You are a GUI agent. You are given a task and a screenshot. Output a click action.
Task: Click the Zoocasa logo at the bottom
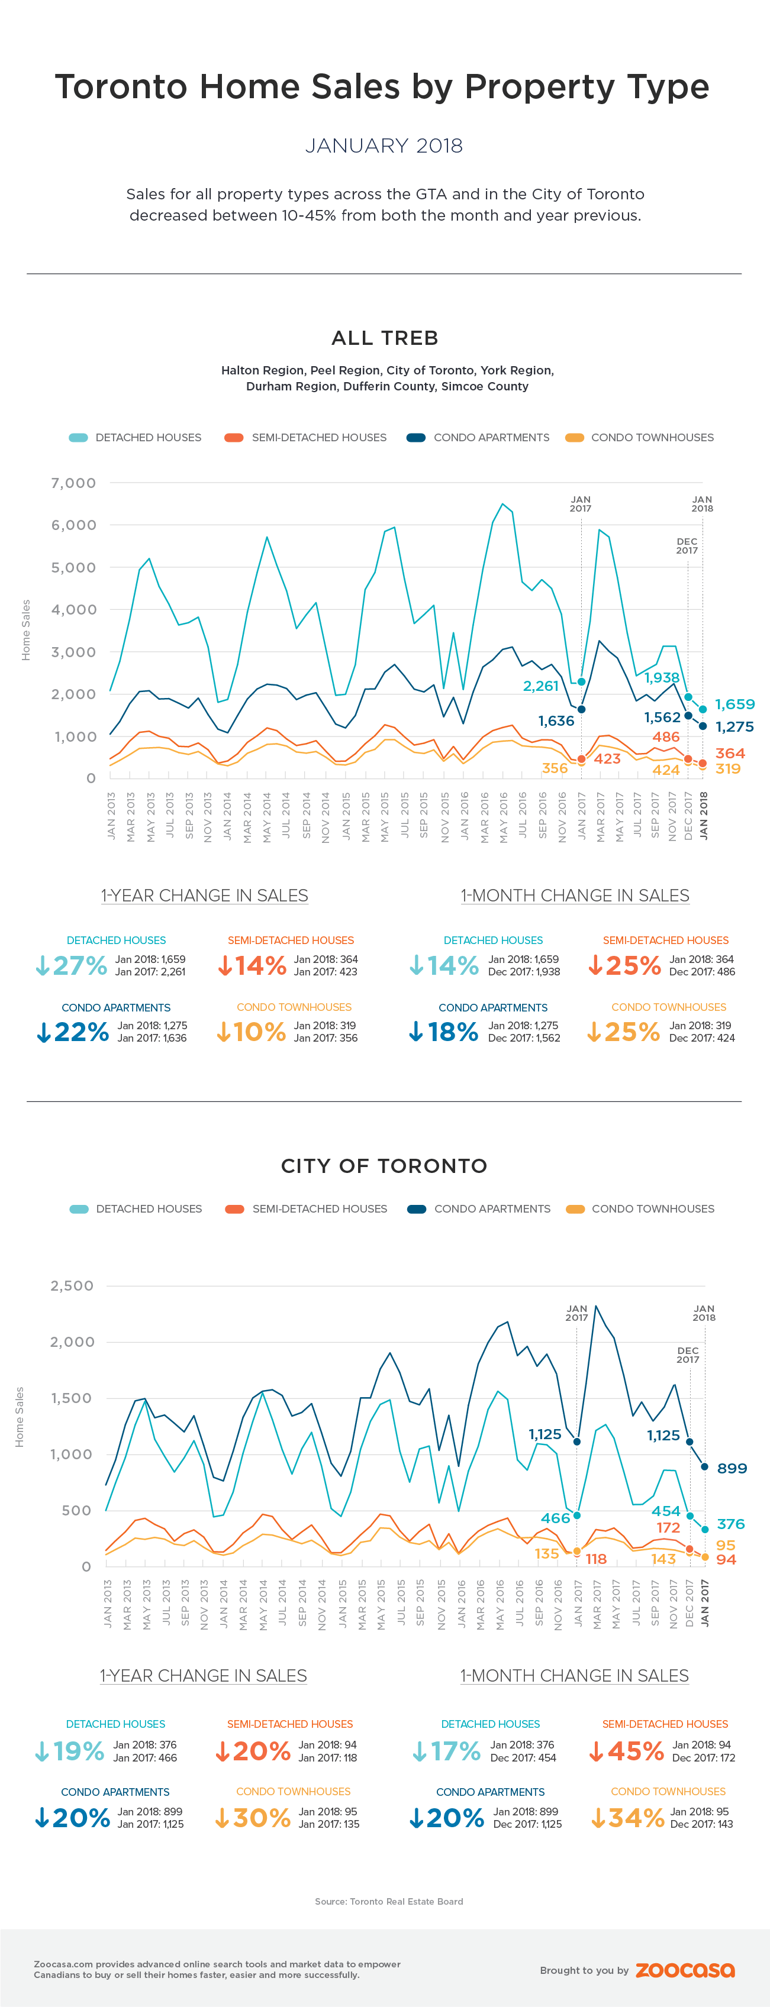(684, 1970)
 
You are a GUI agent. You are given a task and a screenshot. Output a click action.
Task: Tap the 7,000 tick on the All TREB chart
(73, 483)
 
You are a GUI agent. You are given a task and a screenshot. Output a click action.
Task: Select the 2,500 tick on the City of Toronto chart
(72, 1285)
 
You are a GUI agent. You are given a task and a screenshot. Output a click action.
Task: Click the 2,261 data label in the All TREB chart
(540, 686)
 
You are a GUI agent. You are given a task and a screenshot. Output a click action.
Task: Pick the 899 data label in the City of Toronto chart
(732, 1468)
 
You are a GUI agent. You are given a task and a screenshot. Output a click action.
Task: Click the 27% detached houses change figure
(72, 965)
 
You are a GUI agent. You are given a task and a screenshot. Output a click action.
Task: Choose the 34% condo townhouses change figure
(627, 1818)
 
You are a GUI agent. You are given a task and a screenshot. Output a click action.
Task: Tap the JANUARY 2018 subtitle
(384, 146)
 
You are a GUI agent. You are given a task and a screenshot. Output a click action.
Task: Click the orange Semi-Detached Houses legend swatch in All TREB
(234, 438)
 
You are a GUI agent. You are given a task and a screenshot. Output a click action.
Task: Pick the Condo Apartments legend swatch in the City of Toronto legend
(417, 1209)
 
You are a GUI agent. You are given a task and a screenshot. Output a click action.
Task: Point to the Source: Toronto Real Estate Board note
(389, 1901)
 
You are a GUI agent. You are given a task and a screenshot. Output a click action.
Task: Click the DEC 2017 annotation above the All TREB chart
(687, 545)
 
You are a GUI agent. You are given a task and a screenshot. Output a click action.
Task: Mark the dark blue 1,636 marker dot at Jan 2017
(581, 710)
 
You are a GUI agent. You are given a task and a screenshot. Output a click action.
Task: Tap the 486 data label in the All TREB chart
(666, 736)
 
